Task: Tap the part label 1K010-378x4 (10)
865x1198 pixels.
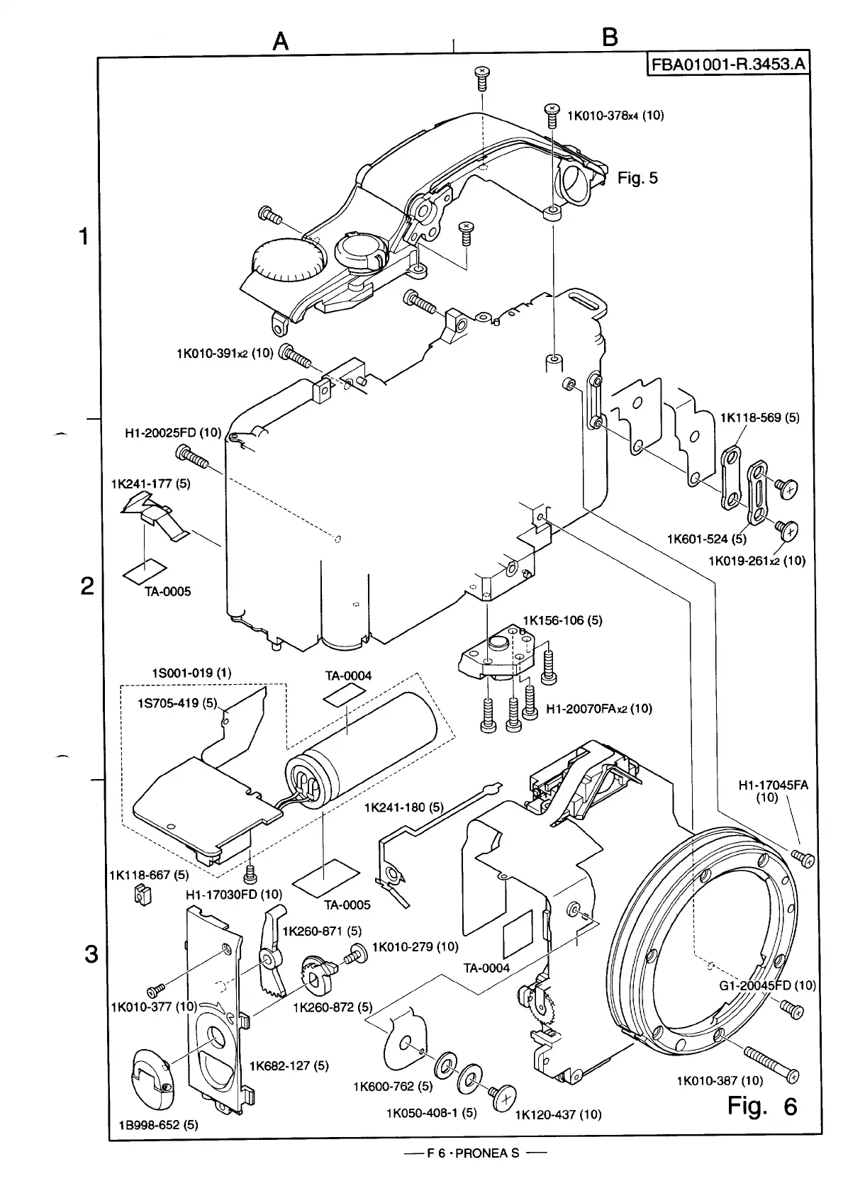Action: pyautogui.click(x=615, y=116)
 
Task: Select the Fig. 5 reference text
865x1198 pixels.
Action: pyautogui.click(x=637, y=177)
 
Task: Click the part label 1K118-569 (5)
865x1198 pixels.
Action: pyautogui.click(x=759, y=418)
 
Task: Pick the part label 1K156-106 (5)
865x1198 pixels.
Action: pyautogui.click(x=562, y=620)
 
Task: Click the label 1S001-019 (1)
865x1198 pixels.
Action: pyautogui.click(x=191, y=672)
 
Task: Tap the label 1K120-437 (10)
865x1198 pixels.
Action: pyautogui.click(x=558, y=1114)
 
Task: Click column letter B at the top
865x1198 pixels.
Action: pyautogui.click(x=610, y=37)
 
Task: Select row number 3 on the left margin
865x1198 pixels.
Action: pyautogui.click(x=90, y=955)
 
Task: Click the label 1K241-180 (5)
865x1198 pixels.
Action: pyautogui.click(x=403, y=807)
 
